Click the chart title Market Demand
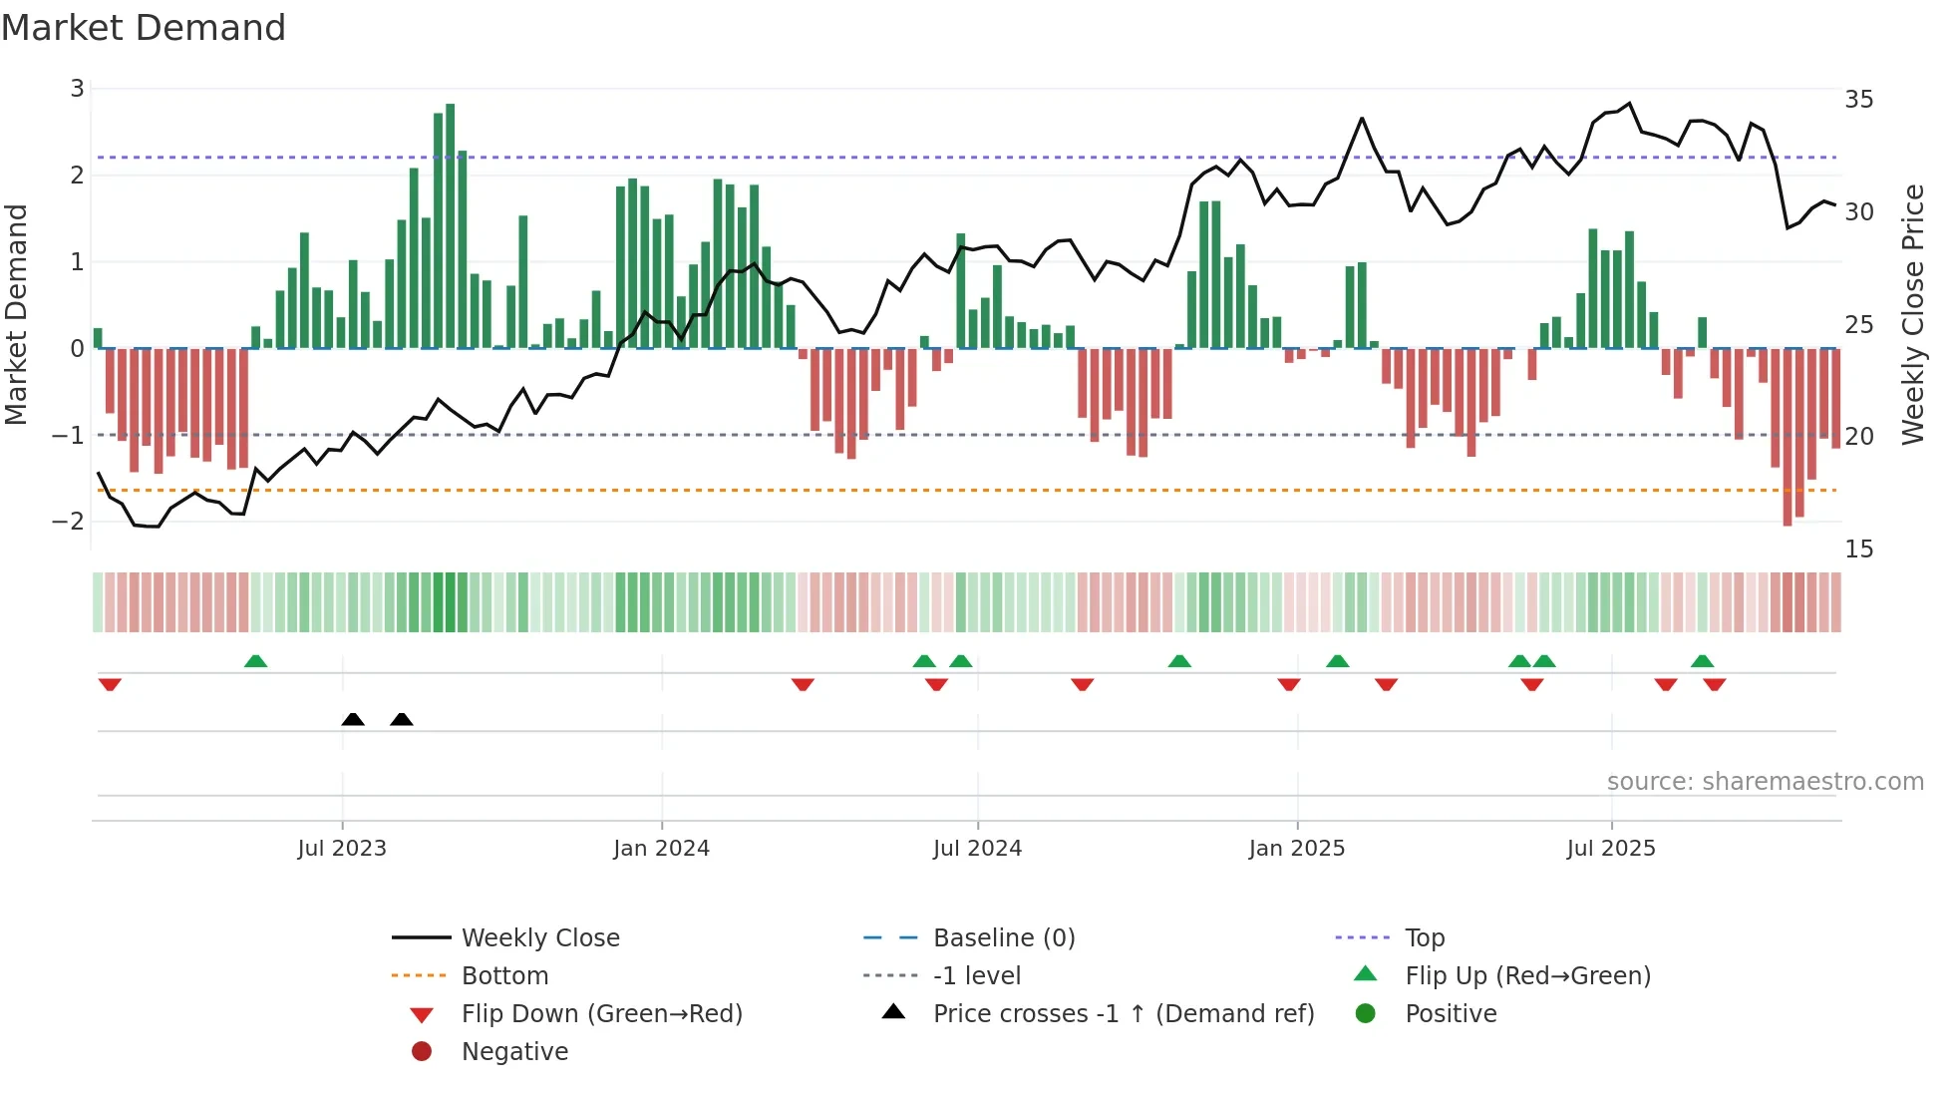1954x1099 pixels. click(x=144, y=28)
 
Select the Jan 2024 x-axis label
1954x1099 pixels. click(x=661, y=849)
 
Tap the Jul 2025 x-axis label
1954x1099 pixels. click(x=1610, y=849)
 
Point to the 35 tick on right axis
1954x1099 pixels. click(x=1858, y=100)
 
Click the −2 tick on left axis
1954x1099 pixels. click(x=69, y=522)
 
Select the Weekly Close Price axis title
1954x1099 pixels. click(x=1912, y=314)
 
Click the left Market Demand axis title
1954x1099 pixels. click(x=17, y=314)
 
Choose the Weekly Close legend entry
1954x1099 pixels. click(x=539, y=938)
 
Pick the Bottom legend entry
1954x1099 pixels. click(x=504, y=976)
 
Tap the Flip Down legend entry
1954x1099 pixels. click(x=601, y=1014)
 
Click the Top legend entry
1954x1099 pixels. click(x=1424, y=938)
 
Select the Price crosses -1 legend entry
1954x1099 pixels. click(x=1123, y=1014)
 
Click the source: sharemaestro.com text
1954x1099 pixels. click(x=1765, y=782)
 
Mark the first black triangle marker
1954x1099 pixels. click(x=353, y=719)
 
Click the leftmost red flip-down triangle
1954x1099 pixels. click(x=110, y=684)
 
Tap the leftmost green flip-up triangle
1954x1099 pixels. click(x=256, y=661)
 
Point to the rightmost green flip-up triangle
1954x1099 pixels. click(x=1703, y=661)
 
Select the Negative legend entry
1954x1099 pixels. click(x=514, y=1052)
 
